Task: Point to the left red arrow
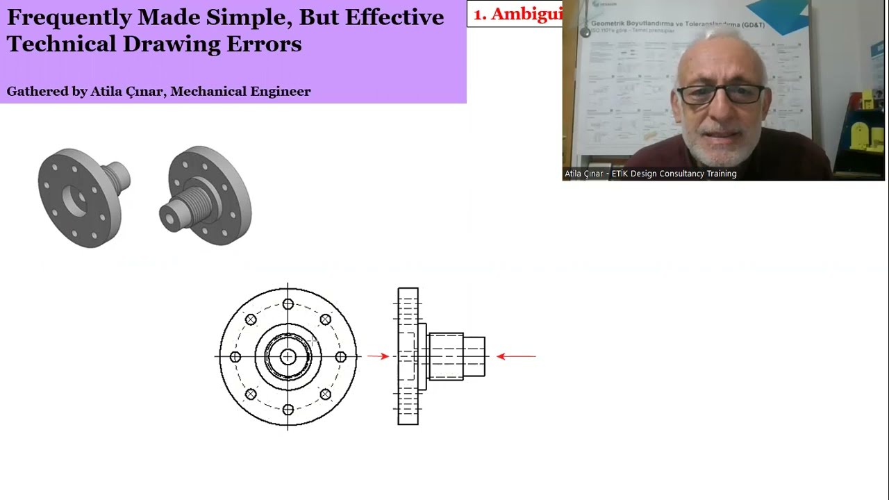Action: click(x=378, y=356)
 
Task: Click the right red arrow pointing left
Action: click(x=516, y=356)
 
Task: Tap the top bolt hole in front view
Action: click(x=288, y=304)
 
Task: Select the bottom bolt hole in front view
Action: click(x=288, y=410)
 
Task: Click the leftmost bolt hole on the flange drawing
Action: click(x=235, y=357)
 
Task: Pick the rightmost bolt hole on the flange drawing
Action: click(x=340, y=357)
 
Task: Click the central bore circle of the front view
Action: click(x=288, y=357)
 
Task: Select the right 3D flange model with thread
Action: click(x=207, y=195)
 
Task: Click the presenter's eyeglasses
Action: click(x=721, y=94)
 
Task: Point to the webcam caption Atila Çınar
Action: click(x=584, y=174)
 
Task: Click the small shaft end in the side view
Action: click(x=474, y=356)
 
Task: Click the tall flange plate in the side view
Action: click(x=408, y=356)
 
